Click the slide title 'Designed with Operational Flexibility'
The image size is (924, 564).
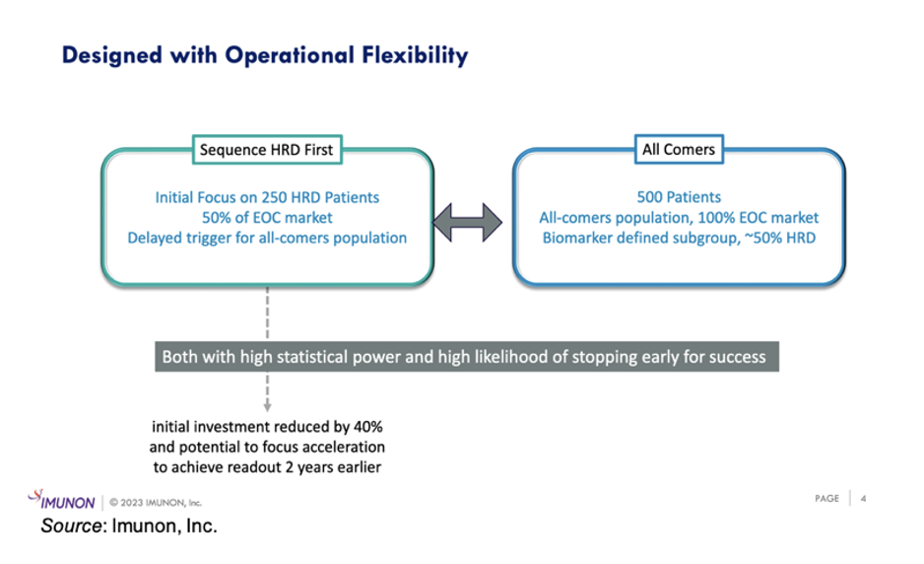pos(265,56)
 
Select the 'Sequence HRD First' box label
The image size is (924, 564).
pos(267,150)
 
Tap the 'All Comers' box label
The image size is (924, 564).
pos(679,149)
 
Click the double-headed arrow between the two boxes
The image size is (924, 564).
pos(467,223)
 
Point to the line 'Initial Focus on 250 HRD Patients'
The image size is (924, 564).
pos(267,197)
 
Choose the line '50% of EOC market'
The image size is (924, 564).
pos(267,218)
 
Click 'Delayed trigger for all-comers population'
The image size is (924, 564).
pos(267,238)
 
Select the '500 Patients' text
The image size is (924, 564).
pos(679,197)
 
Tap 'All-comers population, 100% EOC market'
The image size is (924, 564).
pos(679,218)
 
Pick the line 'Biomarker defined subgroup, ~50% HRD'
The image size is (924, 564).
pos(679,238)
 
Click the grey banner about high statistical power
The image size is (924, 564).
pos(467,356)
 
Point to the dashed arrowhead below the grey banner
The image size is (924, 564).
pos(268,406)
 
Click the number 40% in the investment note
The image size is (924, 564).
pos(368,427)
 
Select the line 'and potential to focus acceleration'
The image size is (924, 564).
pos(267,447)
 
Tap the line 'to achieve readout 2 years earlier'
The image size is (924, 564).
pos(267,467)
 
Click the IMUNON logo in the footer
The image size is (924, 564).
pos(61,500)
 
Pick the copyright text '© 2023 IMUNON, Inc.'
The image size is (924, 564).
pos(156,503)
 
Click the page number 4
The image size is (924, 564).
pos(863,499)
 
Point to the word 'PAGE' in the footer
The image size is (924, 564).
pos(826,499)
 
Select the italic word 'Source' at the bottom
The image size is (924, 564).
pos(71,526)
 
